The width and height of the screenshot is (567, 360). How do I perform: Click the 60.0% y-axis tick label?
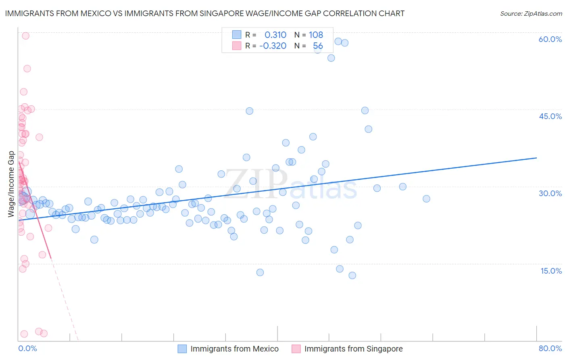[550, 40]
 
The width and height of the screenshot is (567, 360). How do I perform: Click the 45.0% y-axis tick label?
[550, 116]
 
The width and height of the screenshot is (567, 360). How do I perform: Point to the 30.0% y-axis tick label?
[550, 193]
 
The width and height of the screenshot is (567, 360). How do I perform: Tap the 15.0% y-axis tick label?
[551, 271]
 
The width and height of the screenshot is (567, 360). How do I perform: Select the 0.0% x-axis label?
[27, 348]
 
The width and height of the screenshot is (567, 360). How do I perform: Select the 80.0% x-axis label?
[550, 348]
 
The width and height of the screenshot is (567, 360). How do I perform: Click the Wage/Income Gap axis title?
[11, 184]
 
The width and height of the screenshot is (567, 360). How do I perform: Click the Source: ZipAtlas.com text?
[531, 14]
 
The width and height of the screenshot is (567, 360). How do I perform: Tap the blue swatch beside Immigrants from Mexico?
[182, 349]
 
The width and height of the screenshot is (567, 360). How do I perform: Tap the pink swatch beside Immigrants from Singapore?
[296, 349]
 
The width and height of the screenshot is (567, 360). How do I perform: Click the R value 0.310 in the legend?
[275, 35]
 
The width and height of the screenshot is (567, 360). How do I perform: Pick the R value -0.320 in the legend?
[273, 46]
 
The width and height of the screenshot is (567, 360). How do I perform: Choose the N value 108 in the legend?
[316, 35]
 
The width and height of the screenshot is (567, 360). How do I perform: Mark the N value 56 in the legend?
[318, 46]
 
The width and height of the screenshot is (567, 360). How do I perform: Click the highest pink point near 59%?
[25, 36]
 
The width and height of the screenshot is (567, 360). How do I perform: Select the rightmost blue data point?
[426, 199]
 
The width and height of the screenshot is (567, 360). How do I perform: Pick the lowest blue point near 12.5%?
[352, 275]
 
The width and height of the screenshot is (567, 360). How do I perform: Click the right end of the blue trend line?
[536, 158]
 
